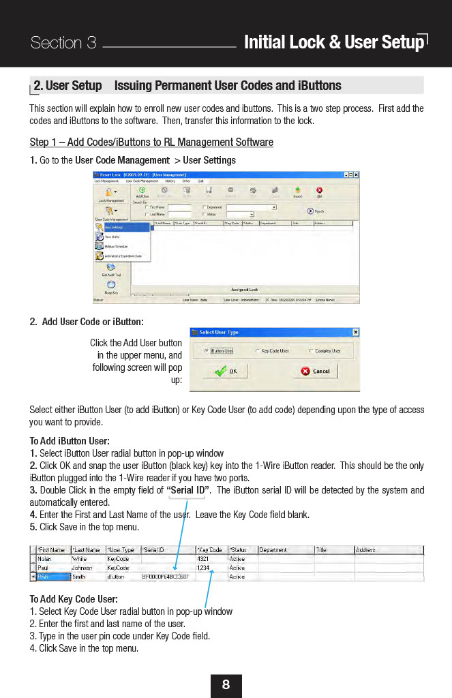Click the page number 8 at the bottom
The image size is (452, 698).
pos(226,685)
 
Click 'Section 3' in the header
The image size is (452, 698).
pos(63,43)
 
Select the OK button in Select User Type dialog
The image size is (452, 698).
pos(226,371)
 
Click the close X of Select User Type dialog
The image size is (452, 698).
pos(355,332)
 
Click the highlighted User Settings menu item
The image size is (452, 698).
pos(121,228)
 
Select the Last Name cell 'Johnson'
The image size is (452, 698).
pos(86,568)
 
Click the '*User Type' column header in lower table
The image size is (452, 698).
pos(121,549)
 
